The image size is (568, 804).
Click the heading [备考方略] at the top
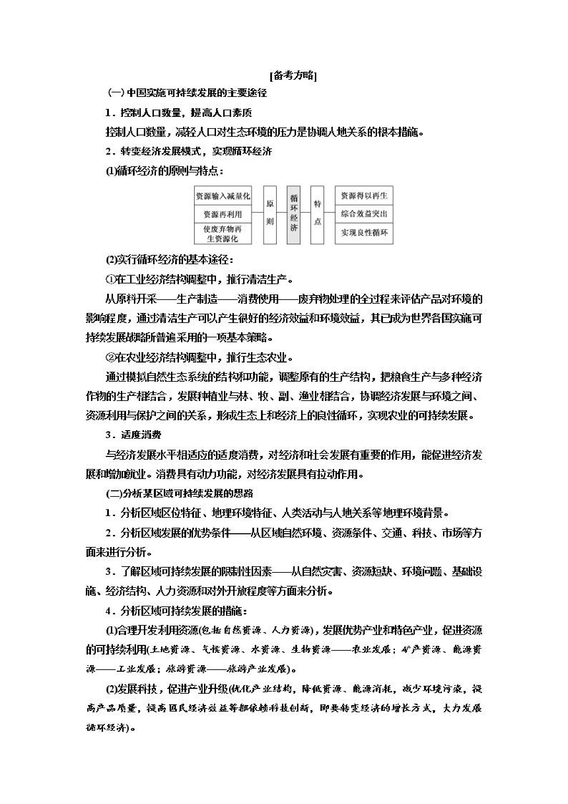[293, 76]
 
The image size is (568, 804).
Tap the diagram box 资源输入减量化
[223, 196]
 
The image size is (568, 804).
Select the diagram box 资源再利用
[223, 214]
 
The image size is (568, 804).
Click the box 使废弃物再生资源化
[223, 234]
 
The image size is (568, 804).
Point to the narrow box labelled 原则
[270, 215]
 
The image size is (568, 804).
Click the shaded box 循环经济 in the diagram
[293, 215]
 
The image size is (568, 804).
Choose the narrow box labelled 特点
[317, 215]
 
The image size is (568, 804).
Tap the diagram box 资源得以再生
[364, 196]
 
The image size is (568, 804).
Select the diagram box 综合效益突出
[364, 214]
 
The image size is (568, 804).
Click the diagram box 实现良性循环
[364, 233]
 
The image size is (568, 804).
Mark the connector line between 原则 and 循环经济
[281, 212]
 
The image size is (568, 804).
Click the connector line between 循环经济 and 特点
[305, 212]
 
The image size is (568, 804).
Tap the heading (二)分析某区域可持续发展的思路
[179, 493]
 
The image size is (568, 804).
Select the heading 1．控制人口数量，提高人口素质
[179, 112]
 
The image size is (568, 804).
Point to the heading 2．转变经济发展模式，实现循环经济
[189, 151]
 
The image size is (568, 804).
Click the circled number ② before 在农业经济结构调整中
[110, 358]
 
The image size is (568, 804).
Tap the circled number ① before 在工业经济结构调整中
[110, 279]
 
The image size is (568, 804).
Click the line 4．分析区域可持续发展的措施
[177, 611]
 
